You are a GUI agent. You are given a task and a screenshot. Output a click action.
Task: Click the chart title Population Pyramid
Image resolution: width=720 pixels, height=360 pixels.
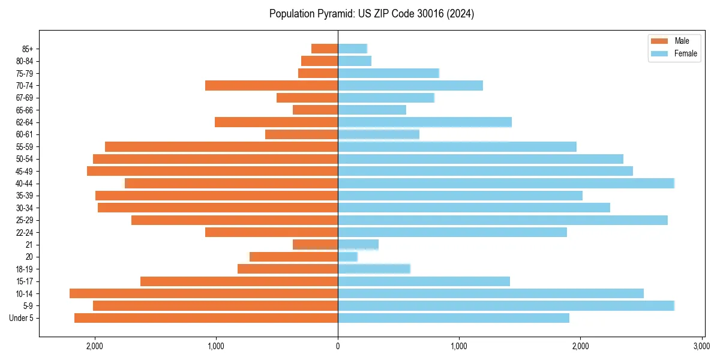coord(371,14)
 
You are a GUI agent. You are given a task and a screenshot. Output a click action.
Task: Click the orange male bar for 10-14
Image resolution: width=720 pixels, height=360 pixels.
coord(204,293)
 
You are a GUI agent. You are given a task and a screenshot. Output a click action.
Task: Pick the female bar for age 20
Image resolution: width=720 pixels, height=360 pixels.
coord(347,257)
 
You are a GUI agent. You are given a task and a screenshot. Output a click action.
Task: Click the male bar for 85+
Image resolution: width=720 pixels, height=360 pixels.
coord(325,49)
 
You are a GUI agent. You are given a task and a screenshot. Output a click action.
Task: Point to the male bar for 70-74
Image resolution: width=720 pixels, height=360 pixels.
coord(271,85)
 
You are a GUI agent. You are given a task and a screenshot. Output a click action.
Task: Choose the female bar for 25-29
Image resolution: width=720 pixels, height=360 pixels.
coord(503,220)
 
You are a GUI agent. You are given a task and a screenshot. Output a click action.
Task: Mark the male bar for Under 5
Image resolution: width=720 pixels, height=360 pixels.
coord(206,318)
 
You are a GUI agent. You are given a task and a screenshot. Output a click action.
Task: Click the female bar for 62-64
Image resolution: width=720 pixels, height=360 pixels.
coord(425,122)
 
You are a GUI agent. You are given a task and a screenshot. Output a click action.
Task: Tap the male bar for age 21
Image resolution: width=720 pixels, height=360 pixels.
coord(315,244)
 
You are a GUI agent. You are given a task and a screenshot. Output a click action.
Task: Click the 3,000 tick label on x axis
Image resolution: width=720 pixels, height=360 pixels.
coord(701,346)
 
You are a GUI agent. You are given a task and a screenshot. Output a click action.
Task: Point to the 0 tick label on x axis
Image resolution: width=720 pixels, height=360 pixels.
coord(338,346)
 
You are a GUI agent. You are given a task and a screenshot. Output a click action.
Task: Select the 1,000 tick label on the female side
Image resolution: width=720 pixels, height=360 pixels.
coord(459,346)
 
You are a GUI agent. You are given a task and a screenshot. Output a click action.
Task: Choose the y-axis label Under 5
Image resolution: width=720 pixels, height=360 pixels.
coord(22,318)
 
